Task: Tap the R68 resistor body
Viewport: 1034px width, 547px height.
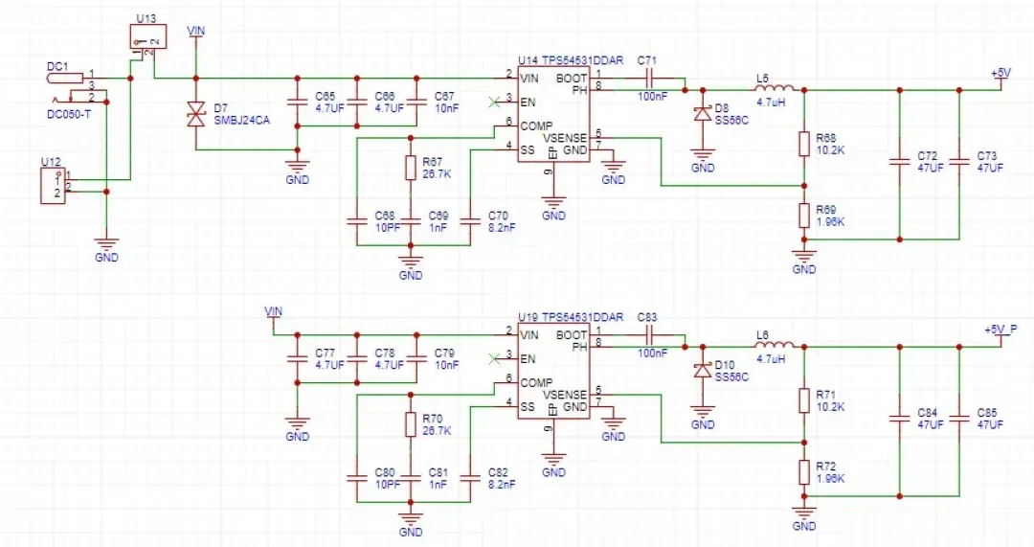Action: (804, 144)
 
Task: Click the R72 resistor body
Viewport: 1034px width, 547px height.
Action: (804, 472)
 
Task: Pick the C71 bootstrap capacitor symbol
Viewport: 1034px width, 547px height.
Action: (648, 78)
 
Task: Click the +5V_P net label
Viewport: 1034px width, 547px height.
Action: (1000, 330)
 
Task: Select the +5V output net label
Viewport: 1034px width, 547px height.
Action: (1000, 73)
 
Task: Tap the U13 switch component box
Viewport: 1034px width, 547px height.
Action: (147, 36)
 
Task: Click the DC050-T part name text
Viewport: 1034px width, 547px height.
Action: (69, 114)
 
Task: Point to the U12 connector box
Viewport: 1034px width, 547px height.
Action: (53, 186)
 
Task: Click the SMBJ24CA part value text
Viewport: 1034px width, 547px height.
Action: (242, 121)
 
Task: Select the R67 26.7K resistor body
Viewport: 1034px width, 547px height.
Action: (410, 169)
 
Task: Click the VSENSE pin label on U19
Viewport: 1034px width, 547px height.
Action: (565, 395)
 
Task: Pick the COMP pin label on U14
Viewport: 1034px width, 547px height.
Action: (536, 126)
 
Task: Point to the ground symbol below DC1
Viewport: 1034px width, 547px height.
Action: (106, 244)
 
